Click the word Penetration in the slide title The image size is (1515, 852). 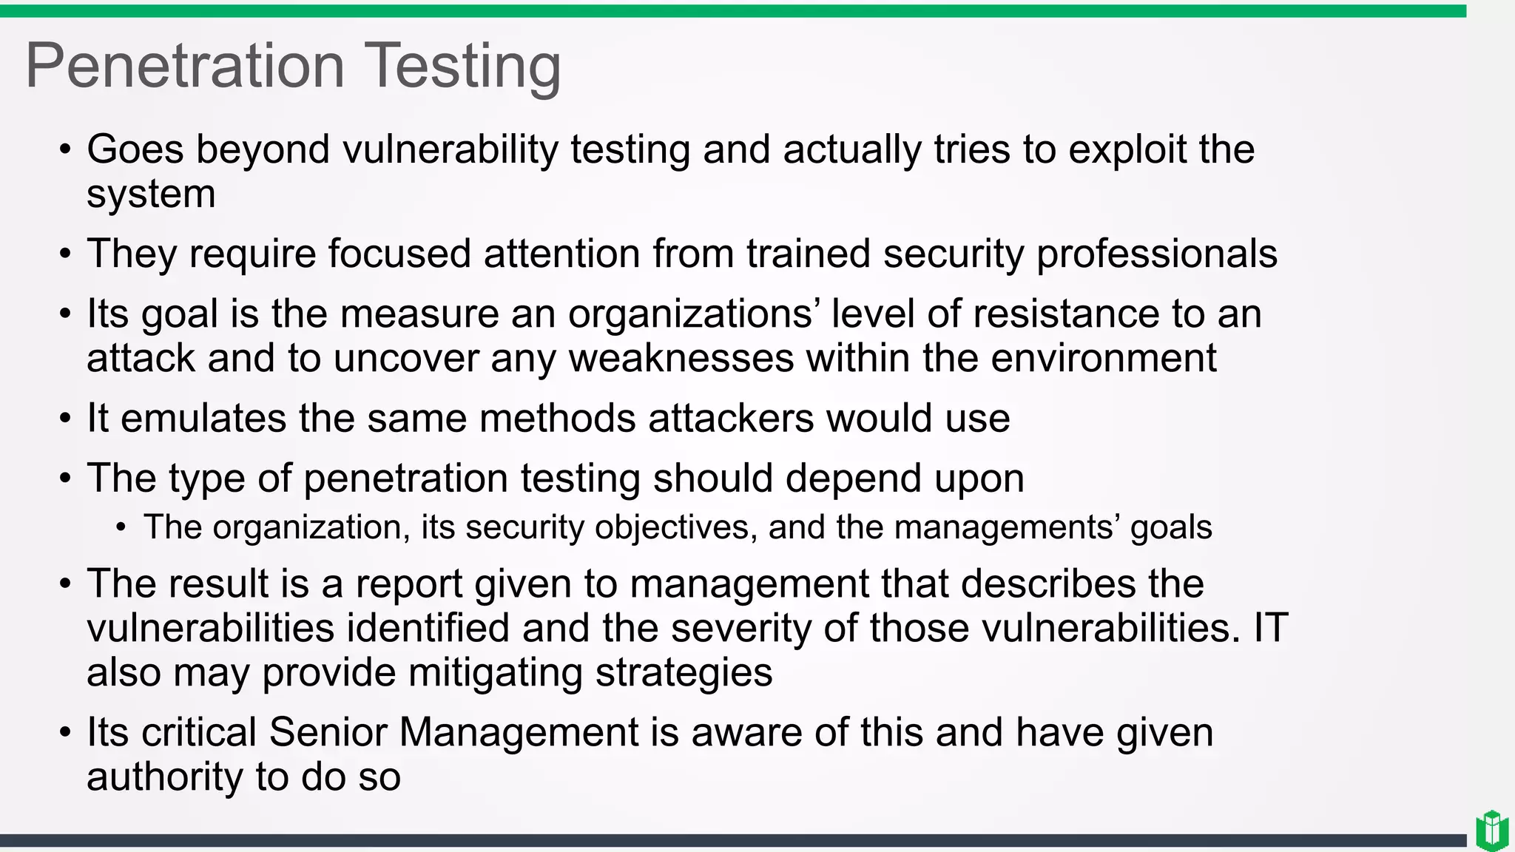(185, 66)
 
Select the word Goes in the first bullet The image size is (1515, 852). (135, 149)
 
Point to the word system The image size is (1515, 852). (151, 195)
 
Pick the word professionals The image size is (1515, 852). (1156, 254)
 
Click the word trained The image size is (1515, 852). (808, 254)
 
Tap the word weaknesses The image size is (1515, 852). (681, 359)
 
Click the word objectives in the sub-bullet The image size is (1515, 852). (675, 528)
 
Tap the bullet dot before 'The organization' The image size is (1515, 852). (121, 528)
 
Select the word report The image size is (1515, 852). (409, 585)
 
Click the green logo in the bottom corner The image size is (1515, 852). (1491, 831)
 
